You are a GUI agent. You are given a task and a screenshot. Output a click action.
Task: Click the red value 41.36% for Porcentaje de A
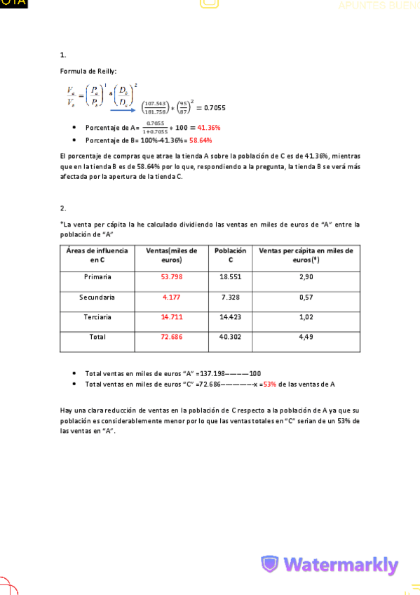[x=209, y=128]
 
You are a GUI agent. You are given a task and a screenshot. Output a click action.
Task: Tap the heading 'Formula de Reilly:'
[x=88, y=72]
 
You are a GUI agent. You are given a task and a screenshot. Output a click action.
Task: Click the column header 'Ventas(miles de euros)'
[x=172, y=255]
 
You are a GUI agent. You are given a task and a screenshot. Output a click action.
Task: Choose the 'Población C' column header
[x=231, y=255]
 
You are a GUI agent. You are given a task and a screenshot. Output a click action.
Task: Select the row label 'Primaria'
[x=97, y=277]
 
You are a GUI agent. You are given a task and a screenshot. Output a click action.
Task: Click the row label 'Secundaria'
[x=97, y=297]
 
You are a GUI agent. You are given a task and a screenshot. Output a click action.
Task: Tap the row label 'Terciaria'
[x=97, y=317]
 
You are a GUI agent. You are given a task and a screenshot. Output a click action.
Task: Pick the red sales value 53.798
[x=172, y=277]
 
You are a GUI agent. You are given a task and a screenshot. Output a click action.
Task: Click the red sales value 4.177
[x=172, y=297]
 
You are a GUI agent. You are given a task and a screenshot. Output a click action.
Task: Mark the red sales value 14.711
[x=172, y=317]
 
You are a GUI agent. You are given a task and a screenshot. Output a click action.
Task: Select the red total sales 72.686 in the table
[x=172, y=337]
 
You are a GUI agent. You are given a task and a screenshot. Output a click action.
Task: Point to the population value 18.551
[x=231, y=277]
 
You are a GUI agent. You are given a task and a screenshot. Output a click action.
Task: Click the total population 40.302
[x=231, y=337]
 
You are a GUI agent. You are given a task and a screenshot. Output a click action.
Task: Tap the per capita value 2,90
[x=306, y=277]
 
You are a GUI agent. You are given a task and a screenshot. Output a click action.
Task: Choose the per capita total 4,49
[x=306, y=337]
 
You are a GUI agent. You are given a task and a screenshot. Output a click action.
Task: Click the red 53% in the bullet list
[x=269, y=384]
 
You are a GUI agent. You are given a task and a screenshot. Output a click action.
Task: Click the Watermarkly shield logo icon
[x=270, y=564]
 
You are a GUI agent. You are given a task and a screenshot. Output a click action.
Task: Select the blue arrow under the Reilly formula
[x=123, y=109]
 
